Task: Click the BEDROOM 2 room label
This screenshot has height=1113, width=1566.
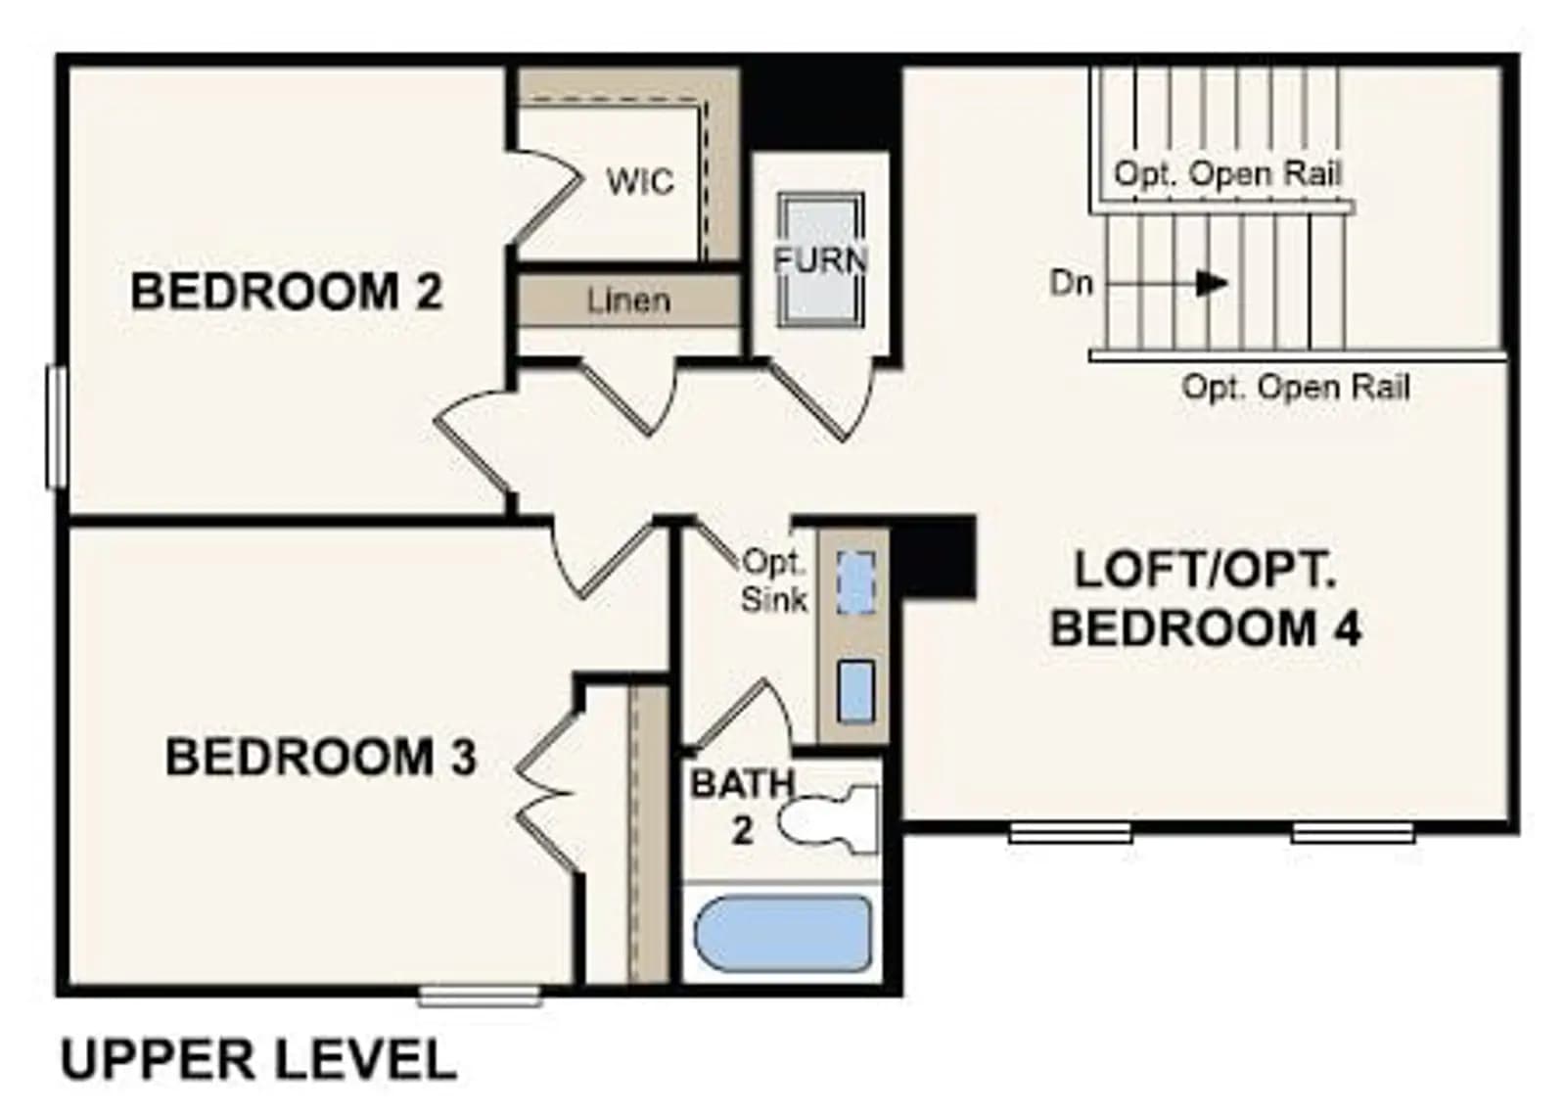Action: (x=287, y=292)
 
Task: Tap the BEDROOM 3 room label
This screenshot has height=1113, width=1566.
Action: (x=321, y=757)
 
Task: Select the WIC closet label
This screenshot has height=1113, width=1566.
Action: (x=640, y=182)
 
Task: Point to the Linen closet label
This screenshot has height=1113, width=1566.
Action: (x=628, y=301)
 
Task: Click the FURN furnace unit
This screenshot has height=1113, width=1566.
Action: (x=821, y=260)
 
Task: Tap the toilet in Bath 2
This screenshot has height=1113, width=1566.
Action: (x=828, y=820)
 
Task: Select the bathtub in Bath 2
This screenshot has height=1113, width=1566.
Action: (x=783, y=933)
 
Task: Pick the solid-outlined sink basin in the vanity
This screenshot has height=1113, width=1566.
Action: (x=855, y=691)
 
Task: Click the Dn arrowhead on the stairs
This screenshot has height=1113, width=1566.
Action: (x=1212, y=283)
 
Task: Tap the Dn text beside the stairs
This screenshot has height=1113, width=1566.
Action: (x=1071, y=284)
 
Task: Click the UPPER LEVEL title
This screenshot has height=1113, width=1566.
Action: (x=258, y=1061)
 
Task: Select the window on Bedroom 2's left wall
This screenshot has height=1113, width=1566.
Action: (x=57, y=427)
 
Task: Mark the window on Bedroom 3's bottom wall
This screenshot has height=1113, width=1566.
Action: (x=480, y=996)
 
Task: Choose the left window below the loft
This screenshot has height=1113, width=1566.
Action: (x=1070, y=833)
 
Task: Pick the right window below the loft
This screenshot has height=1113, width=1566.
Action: (x=1353, y=833)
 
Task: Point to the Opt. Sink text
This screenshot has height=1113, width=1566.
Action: (x=774, y=580)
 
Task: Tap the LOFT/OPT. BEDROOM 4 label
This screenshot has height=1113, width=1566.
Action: (x=1205, y=598)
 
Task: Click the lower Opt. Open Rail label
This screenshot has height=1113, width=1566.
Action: (x=1296, y=387)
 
